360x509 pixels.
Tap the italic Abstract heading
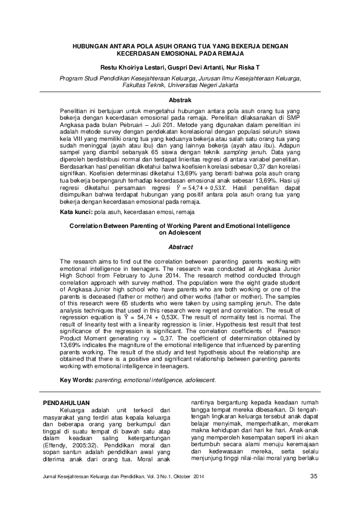click(x=180, y=247)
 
